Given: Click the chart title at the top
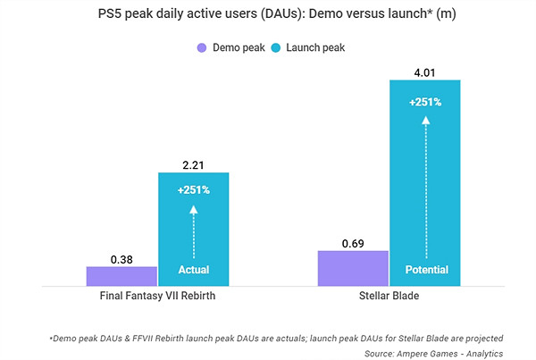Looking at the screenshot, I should tap(267, 15).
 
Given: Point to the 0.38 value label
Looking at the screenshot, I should tap(122, 259).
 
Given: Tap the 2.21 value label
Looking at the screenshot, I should tap(193, 163).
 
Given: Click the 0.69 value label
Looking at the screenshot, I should tap(353, 242).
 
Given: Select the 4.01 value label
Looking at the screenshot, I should tap(424, 71).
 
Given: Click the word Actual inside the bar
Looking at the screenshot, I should tap(193, 270).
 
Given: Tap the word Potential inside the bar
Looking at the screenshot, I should tap(424, 270).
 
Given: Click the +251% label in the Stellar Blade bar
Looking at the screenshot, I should tap(424, 102).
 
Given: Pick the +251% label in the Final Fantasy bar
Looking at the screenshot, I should tap(193, 189).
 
